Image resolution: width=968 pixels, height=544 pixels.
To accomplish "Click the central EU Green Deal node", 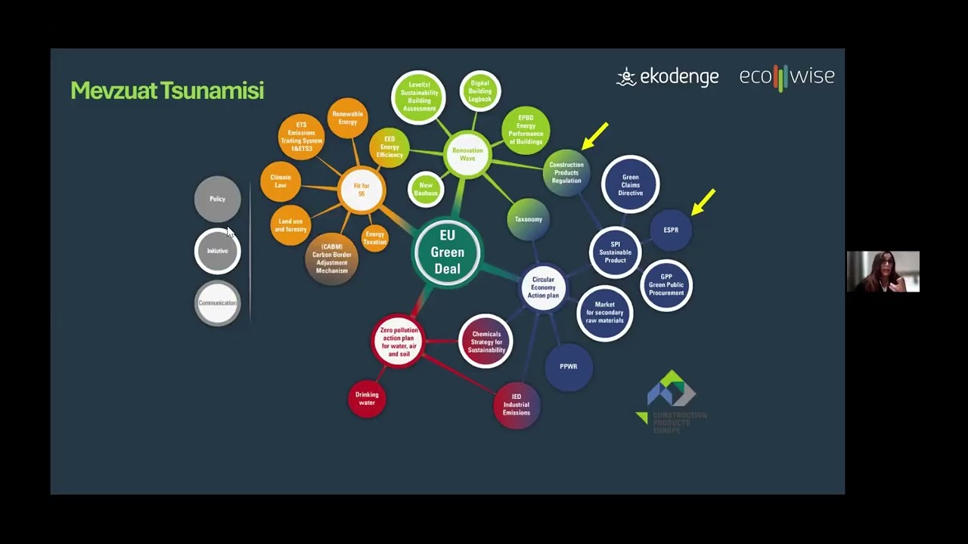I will click(x=447, y=252).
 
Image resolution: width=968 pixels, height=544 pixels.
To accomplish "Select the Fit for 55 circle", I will click(x=361, y=190).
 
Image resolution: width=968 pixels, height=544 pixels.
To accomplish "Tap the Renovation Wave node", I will click(x=467, y=154).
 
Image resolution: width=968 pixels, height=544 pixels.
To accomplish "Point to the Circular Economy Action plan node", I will click(x=543, y=288).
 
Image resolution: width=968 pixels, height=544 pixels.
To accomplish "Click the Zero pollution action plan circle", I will click(x=399, y=342).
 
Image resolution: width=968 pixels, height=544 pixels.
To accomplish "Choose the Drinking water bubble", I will click(x=367, y=398).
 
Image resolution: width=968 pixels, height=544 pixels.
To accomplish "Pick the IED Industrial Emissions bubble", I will click(x=517, y=405).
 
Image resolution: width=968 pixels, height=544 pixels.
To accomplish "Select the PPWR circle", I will click(x=569, y=366).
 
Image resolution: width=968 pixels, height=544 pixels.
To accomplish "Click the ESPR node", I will click(x=671, y=230).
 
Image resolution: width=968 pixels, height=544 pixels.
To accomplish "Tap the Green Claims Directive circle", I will click(x=630, y=184).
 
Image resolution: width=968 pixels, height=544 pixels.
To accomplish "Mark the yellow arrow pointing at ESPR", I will click(x=703, y=202).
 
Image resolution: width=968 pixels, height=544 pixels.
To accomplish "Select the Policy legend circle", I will click(x=217, y=199).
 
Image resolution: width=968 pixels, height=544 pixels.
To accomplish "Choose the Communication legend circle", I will click(x=217, y=303).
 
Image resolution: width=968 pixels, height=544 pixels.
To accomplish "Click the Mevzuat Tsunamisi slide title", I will click(x=167, y=91).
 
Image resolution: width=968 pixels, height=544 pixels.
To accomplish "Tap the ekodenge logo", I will click(x=668, y=76).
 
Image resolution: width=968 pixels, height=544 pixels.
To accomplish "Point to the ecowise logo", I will click(x=786, y=77).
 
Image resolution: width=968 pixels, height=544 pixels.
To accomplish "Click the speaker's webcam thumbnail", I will click(x=883, y=271).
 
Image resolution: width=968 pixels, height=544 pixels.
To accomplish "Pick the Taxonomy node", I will click(x=529, y=219).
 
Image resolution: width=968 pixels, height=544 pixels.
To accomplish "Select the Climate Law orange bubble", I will click(x=281, y=181).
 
